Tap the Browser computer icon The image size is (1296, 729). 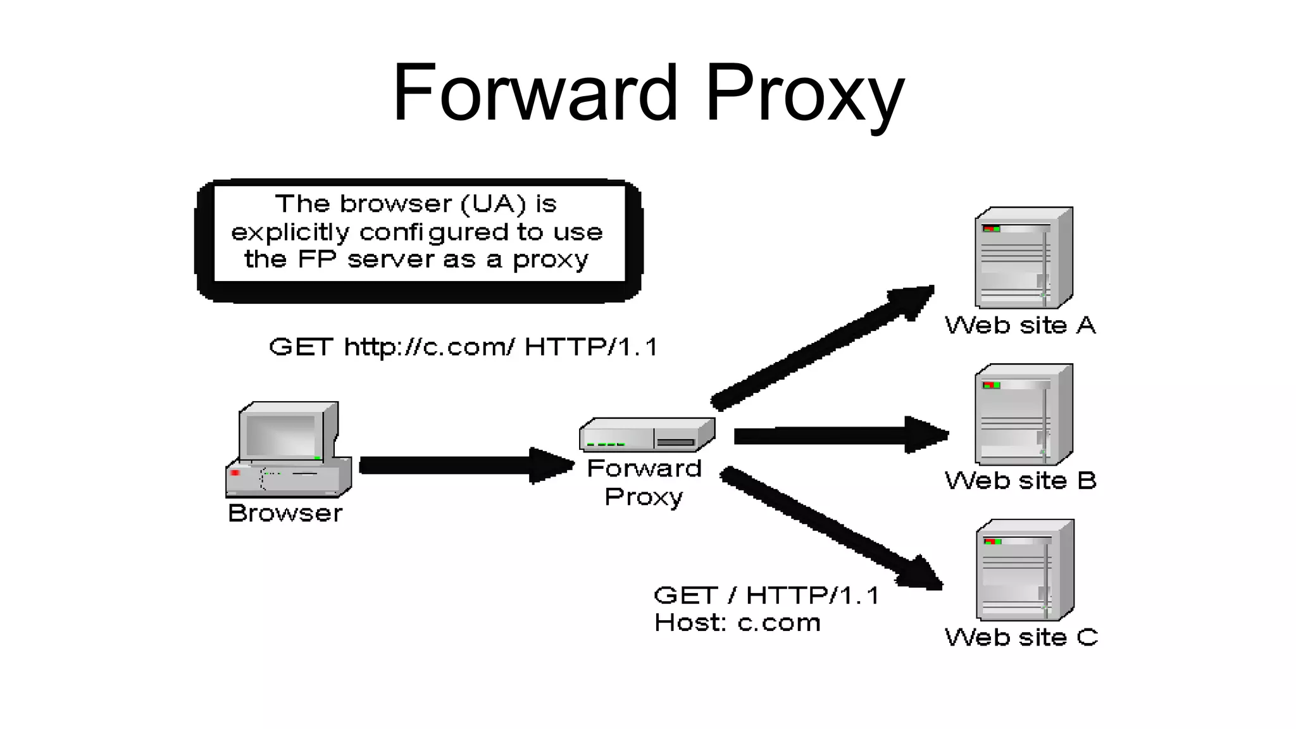click(289, 449)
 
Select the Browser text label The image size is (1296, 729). click(285, 513)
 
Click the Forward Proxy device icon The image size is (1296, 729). click(647, 435)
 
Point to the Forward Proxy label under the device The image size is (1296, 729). click(644, 483)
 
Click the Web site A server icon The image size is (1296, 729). click(1023, 258)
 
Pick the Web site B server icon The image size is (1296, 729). click(1023, 414)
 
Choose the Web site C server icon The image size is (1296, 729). click(1025, 570)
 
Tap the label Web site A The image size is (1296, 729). click(1020, 326)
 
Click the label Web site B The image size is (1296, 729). click(1020, 481)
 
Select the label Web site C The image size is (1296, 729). click(1021, 637)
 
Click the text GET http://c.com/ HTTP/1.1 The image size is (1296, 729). click(464, 347)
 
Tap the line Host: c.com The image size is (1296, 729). click(737, 623)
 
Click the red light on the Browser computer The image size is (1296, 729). click(235, 473)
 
